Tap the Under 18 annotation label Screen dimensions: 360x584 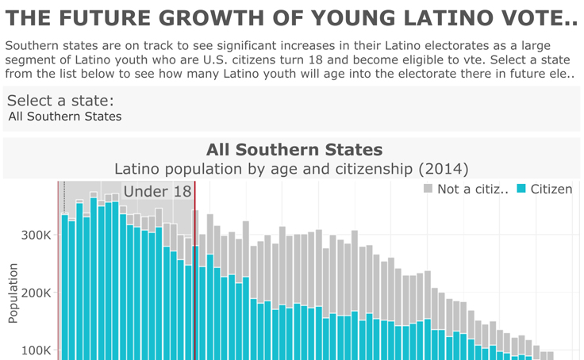point(157,191)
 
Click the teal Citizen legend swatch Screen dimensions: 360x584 point(521,189)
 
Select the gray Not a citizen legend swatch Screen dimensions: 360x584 point(428,189)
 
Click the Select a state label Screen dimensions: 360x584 point(60,101)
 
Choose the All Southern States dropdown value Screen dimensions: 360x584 point(65,117)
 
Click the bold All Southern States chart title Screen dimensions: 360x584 point(294,149)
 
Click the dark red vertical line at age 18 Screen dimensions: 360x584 point(195,270)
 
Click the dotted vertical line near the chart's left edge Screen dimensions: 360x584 point(64,194)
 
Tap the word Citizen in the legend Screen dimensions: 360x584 point(551,189)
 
